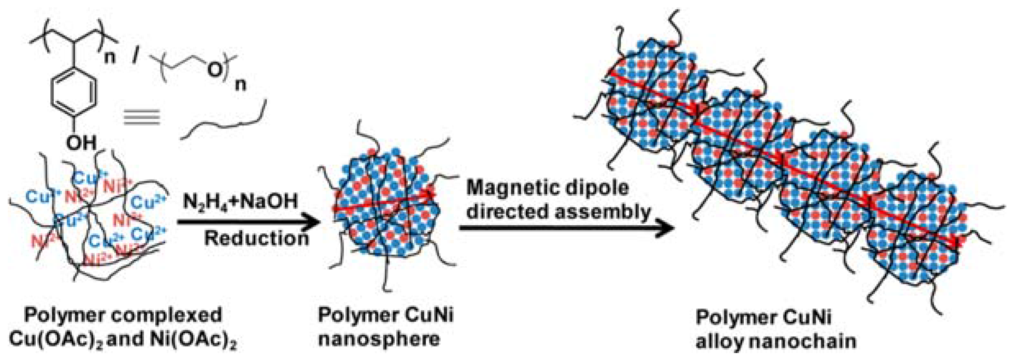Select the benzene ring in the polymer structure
tap(74, 94)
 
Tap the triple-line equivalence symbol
tap(142, 117)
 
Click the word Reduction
tap(256, 238)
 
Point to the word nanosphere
tap(379, 339)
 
